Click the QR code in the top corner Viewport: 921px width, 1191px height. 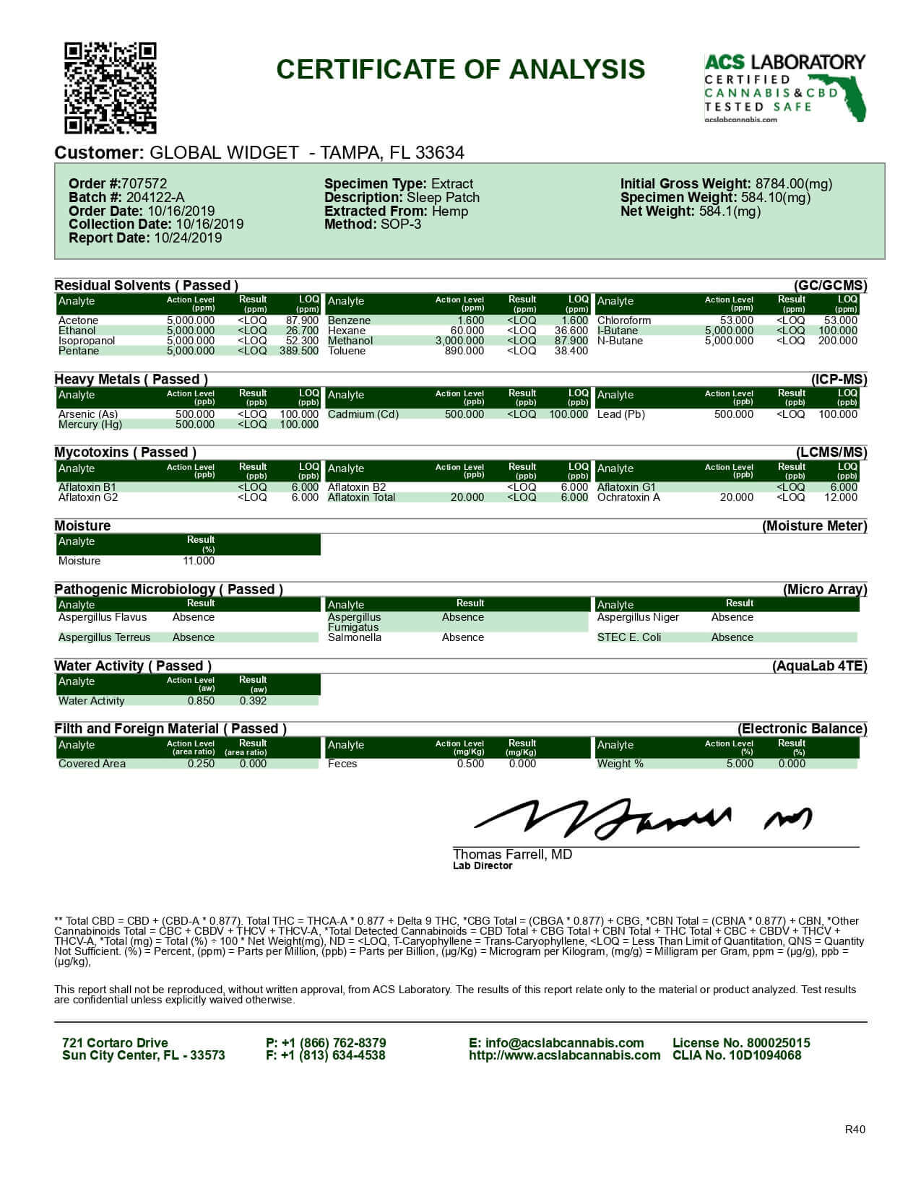tap(111, 88)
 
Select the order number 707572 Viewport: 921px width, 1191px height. tap(144, 184)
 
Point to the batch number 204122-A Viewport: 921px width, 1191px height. tap(155, 198)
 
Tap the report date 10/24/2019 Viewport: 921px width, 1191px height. tap(188, 238)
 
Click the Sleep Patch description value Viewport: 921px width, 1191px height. tap(443, 198)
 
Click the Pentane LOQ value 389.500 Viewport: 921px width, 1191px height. tap(299, 351)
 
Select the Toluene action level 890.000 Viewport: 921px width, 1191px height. tap(464, 351)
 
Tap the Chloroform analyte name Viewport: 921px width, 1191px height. tap(624, 320)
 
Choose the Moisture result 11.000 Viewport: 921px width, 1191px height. tap(199, 561)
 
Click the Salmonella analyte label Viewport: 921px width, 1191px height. tap(355, 637)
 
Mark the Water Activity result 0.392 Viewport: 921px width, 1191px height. tap(253, 701)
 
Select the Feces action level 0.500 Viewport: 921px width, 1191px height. tap(470, 764)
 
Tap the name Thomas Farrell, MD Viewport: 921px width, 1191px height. tap(512, 855)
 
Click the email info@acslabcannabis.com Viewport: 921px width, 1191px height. tap(556, 1043)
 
